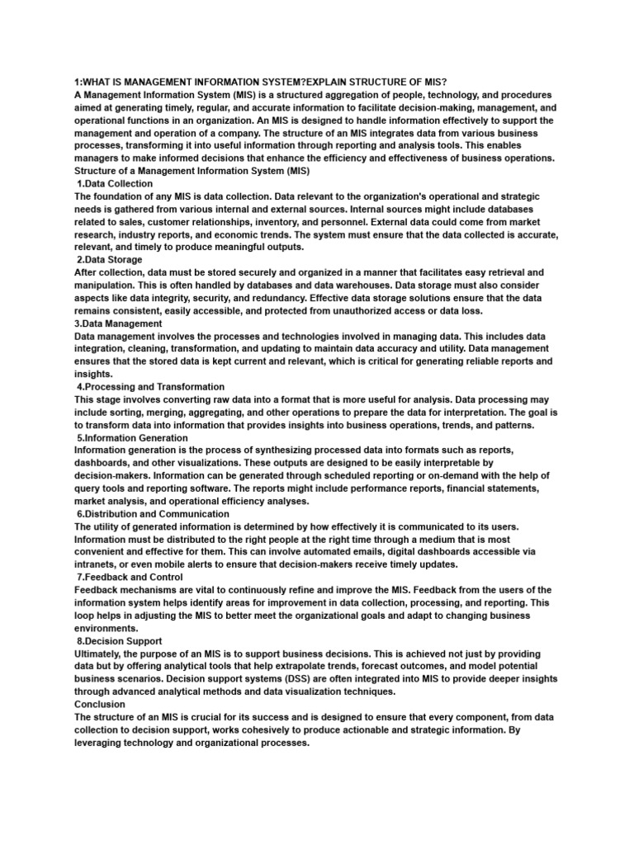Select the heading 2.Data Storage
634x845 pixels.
tap(111, 259)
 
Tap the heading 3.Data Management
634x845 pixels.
tap(118, 323)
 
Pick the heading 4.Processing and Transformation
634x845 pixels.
tap(150, 386)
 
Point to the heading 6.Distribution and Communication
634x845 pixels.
tap(153, 513)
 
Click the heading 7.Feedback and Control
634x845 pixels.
tap(130, 577)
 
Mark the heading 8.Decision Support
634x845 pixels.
tap(120, 640)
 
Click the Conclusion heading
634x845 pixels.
tap(100, 704)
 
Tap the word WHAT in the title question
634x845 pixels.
tap(101, 83)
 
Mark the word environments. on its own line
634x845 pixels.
tap(109, 627)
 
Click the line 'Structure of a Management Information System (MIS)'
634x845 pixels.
tap(192, 171)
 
